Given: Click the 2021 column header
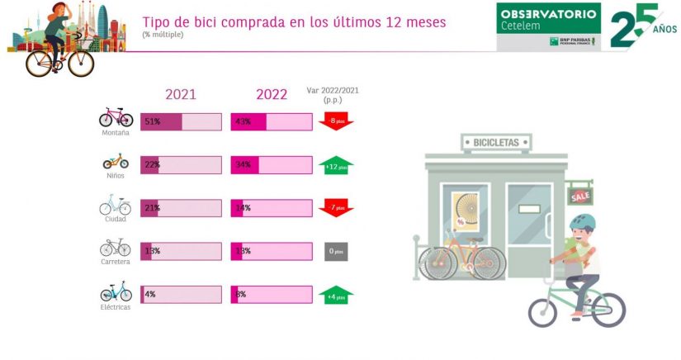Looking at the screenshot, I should (181, 94).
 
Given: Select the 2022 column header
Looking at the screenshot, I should (271, 94).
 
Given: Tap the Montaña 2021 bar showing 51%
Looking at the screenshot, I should (181, 122).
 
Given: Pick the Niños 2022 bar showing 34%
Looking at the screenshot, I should (271, 165).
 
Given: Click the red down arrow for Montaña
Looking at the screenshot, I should (336, 122).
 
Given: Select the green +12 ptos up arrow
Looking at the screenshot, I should (336, 165).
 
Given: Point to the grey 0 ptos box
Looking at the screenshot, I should (336, 251).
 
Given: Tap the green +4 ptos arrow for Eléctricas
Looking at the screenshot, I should (336, 294).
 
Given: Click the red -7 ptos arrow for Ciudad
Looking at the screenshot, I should (336, 207).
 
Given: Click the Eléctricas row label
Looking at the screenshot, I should (116, 306).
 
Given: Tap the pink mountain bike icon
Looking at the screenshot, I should (116, 116).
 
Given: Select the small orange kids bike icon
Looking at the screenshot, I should (116, 160).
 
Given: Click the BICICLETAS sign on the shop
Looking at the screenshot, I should (496, 143).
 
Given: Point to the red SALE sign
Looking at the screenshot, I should (580, 197).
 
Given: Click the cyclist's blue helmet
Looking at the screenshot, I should (583, 221).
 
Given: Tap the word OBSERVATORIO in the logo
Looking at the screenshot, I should (549, 15).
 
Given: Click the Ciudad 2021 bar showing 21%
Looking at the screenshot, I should (181, 208).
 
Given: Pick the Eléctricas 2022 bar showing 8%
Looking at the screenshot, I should (271, 294).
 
